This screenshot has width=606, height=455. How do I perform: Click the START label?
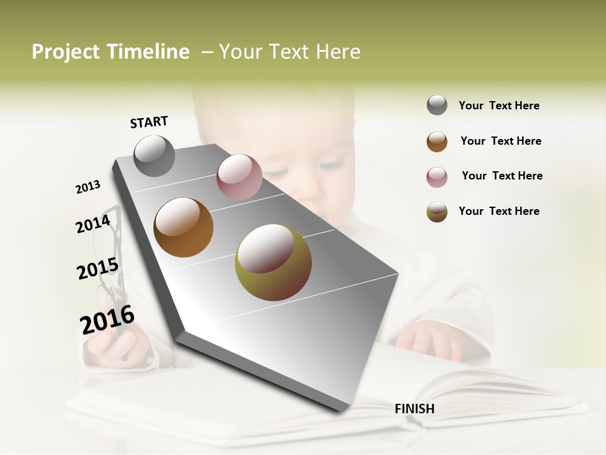149,122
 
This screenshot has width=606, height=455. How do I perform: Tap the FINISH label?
415,409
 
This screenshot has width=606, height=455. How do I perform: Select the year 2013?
88,187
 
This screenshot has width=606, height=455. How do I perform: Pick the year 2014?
93,224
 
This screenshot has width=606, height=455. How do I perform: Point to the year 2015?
98,269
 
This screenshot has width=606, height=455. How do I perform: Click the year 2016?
107,320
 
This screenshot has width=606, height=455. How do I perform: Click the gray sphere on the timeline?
154,155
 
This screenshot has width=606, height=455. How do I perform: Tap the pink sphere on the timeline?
239,177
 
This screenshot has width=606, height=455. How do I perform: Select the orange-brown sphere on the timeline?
183,227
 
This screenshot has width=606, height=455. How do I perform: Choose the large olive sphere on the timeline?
273,262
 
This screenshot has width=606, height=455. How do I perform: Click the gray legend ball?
437,105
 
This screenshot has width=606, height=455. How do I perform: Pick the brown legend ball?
437,142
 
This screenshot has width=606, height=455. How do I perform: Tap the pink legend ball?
437,177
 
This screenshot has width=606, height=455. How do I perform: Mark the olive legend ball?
437,212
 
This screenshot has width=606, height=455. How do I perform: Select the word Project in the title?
66,52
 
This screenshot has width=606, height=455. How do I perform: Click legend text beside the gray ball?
499,106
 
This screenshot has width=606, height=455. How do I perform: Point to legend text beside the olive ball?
499,211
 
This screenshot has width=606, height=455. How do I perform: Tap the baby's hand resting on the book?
436,341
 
